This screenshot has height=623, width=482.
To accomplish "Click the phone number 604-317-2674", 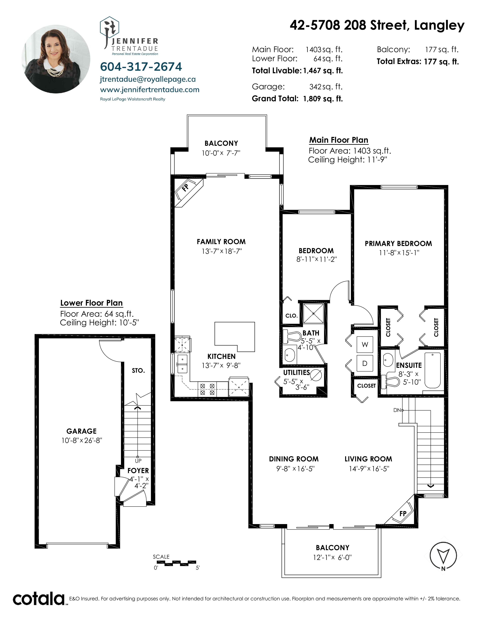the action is pos(141,67).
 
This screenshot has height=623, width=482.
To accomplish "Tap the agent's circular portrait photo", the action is pos(56,59).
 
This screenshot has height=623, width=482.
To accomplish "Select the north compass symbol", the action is pos(443,556).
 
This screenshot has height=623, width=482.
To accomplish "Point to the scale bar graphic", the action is pos(176,563).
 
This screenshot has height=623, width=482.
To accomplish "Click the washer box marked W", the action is pos(365,345).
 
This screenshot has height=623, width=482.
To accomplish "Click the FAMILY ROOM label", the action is pos(221,242).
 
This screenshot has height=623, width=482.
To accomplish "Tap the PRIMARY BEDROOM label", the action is pos(398,244).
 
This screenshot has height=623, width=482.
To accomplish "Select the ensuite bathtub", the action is pos(433,370).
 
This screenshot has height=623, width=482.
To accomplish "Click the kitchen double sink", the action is pos(182,364).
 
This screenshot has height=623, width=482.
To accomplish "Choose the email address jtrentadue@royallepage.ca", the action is pos(148,79).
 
